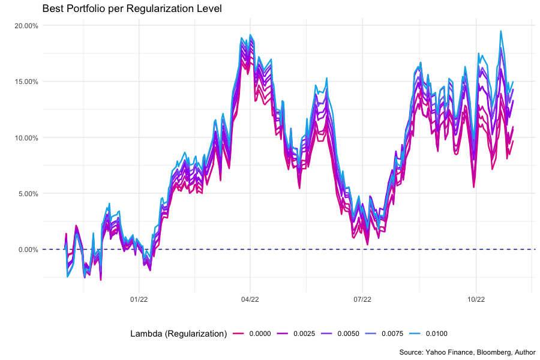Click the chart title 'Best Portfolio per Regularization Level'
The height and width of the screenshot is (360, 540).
coord(132,9)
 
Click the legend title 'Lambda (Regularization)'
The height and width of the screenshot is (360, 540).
coord(178,334)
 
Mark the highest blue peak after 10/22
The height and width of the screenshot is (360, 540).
coord(501,31)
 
